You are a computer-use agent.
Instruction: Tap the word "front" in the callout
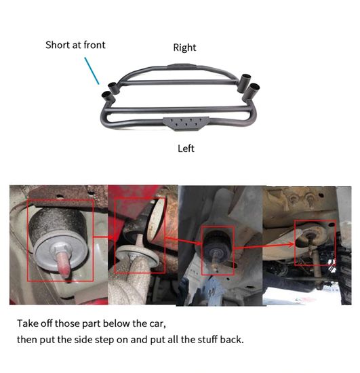(94, 45)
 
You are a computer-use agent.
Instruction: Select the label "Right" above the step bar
(184, 48)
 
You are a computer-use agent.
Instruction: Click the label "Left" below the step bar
(186, 149)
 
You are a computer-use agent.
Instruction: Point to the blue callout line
(92, 71)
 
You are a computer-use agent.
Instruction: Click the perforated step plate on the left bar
(186, 123)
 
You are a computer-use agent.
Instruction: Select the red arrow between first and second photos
(104, 237)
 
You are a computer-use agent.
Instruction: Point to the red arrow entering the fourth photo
(264, 246)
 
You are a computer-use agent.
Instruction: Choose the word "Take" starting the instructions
(26, 323)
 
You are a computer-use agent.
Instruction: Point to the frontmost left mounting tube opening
(106, 95)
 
